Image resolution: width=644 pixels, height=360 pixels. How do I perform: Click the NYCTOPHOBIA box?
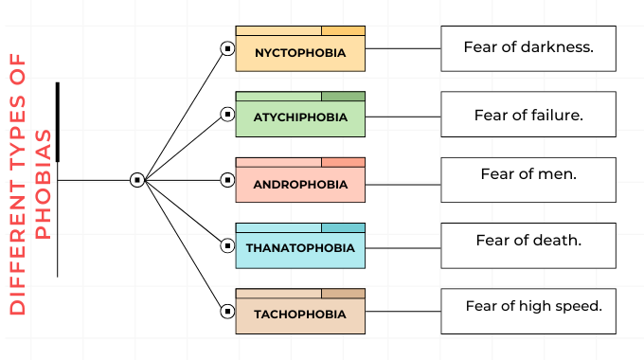[x=300, y=52]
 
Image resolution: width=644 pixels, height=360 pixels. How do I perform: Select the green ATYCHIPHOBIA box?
[x=300, y=117]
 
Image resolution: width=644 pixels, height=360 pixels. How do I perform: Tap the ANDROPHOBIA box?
[x=300, y=184]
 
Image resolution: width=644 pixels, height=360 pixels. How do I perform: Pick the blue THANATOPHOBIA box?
[x=300, y=249]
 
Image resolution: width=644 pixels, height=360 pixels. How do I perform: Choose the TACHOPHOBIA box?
[x=300, y=315]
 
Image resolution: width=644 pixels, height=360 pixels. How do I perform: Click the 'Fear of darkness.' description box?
[x=528, y=47]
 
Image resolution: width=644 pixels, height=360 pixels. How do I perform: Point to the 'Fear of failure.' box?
[x=528, y=115]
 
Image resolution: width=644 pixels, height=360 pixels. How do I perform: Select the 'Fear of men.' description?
[x=528, y=179]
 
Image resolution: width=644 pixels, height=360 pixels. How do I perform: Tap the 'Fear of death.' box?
[x=528, y=245]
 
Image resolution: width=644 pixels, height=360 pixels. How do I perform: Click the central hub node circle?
[x=136, y=179]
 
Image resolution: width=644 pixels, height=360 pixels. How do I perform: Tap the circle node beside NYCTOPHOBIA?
[x=227, y=48]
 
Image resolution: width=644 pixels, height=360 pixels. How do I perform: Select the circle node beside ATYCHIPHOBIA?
[x=227, y=114]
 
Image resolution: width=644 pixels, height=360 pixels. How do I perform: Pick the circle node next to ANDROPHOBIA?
[x=227, y=179]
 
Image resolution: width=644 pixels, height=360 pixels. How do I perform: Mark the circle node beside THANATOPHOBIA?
[x=227, y=245]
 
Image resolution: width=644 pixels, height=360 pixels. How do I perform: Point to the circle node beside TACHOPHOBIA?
[x=227, y=311]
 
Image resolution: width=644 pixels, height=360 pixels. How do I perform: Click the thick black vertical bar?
[x=58, y=122]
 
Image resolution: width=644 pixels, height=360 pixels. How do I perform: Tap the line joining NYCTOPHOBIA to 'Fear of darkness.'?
[x=402, y=49]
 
